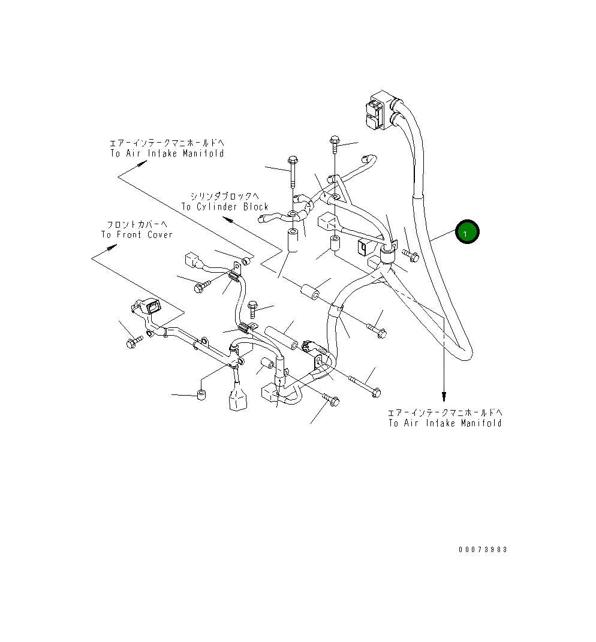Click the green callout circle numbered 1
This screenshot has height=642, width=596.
468,232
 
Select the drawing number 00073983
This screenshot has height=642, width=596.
483,550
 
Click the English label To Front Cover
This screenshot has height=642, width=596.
137,234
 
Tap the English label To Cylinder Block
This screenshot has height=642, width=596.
225,207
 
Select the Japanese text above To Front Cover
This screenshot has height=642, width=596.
137,224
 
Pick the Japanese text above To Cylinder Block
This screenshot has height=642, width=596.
225,197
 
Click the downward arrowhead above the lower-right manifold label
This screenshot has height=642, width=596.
444,397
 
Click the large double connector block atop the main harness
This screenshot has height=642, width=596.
379,111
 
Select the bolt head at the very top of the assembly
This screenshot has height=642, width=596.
334,141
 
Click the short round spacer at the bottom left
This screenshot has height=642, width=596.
202,395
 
